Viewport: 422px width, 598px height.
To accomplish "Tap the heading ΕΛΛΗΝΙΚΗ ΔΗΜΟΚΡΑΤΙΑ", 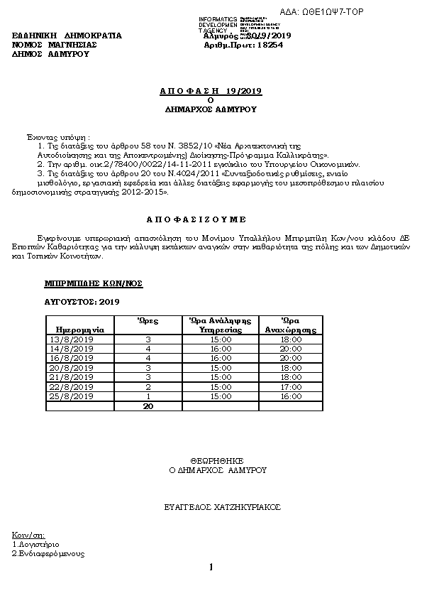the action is (x=67, y=35).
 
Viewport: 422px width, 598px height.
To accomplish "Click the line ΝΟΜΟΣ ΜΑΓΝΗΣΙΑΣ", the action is (x=55, y=44).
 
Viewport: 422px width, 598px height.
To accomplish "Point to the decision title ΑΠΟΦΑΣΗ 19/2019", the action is (x=211, y=91).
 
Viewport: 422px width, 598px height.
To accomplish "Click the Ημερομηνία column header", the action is (x=74, y=330).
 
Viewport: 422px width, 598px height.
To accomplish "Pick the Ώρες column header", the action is (x=148, y=321).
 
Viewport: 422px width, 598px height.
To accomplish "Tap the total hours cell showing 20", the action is (x=148, y=406).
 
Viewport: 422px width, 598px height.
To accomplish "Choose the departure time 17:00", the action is (x=291, y=386).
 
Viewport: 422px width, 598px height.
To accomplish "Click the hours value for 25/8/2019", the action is (x=148, y=396).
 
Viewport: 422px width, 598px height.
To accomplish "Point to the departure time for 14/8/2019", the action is (x=291, y=349).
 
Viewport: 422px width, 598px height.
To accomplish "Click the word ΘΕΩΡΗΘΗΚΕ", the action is (x=217, y=460).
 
